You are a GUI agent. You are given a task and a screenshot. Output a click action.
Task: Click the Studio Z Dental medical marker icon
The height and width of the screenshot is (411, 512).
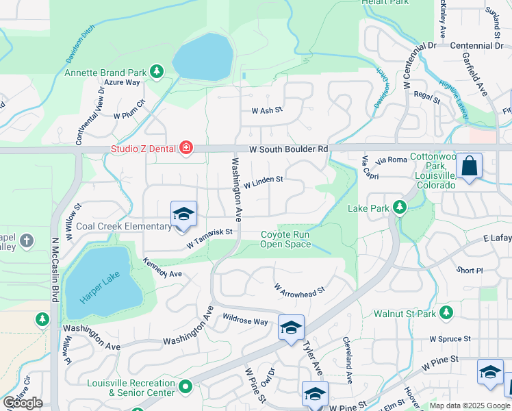(x=185, y=148)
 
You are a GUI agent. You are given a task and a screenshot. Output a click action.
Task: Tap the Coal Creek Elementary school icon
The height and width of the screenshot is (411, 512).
(x=183, y=214)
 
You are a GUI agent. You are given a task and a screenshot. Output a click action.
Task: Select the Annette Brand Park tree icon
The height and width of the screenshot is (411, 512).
(x=157, y=72)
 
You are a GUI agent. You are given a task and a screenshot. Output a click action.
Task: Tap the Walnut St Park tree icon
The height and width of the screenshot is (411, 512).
(x=446, y=314)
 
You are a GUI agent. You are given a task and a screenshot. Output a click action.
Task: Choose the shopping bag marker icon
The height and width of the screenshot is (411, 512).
(x=470, y=166)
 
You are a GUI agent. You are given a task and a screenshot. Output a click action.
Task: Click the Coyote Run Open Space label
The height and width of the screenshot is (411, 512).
(x=285, y=240)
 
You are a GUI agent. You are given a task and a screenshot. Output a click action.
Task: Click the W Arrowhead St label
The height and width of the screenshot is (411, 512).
(x=299, y=290)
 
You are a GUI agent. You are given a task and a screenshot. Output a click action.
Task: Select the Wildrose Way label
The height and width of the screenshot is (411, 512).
(x=245, y=320)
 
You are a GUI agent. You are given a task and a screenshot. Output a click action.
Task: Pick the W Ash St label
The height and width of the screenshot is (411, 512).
(x=267, y=110)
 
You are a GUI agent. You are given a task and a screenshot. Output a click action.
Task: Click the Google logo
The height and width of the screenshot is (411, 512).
(x=23, y=403)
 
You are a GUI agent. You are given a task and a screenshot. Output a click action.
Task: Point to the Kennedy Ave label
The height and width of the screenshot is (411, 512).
(x=162, y=269)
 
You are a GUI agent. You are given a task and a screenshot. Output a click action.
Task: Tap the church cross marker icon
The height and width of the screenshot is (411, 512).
(x=27, y=240)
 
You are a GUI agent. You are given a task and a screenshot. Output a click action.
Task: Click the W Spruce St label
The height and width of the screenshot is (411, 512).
(x=450, y=338)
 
